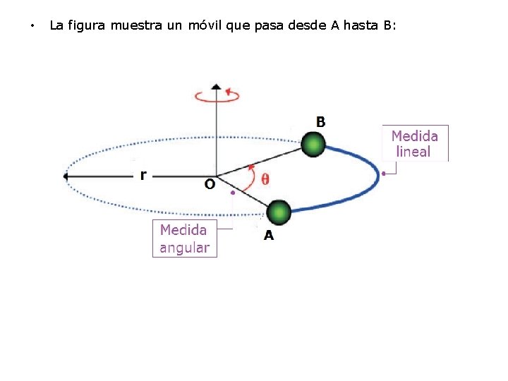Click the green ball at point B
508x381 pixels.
click(313, 145)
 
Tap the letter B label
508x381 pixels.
click(321, 122)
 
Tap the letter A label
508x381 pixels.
click(269, 236)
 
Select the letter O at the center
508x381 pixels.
click(210, 184)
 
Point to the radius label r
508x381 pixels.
click(143, 174)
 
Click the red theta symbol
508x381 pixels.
click(265, 179)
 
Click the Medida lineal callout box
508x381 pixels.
click(415, 143)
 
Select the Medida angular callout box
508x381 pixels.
click(184, 238)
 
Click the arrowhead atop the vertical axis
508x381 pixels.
click(217, 87)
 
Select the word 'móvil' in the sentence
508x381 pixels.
click(205, 25)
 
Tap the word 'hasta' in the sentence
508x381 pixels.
click(363, 25)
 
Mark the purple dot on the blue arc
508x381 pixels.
click(383, 173)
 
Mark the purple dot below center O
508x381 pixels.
click(232, 192)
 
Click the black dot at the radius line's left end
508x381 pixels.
click(66, 176)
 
